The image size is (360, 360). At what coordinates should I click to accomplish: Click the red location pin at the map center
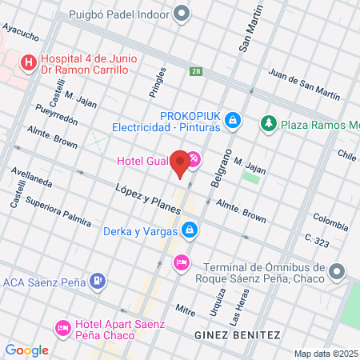[x=180, y=162]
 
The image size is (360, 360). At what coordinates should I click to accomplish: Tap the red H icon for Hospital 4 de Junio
[x=29, y=62]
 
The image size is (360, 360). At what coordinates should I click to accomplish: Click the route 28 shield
[x=196, y=72]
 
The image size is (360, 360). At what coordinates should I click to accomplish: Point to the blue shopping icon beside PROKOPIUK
[x=232, y=120]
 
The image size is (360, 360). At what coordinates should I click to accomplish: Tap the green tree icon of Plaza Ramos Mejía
[x=268, y=124]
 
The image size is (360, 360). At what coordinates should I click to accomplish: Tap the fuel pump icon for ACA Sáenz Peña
[x=98, y=281]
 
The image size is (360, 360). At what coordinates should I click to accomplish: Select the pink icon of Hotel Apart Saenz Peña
[x=62, y=327]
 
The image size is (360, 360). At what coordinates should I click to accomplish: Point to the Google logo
[x=26, y=350]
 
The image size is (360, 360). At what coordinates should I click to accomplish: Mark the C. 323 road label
[x=318, y=238]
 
